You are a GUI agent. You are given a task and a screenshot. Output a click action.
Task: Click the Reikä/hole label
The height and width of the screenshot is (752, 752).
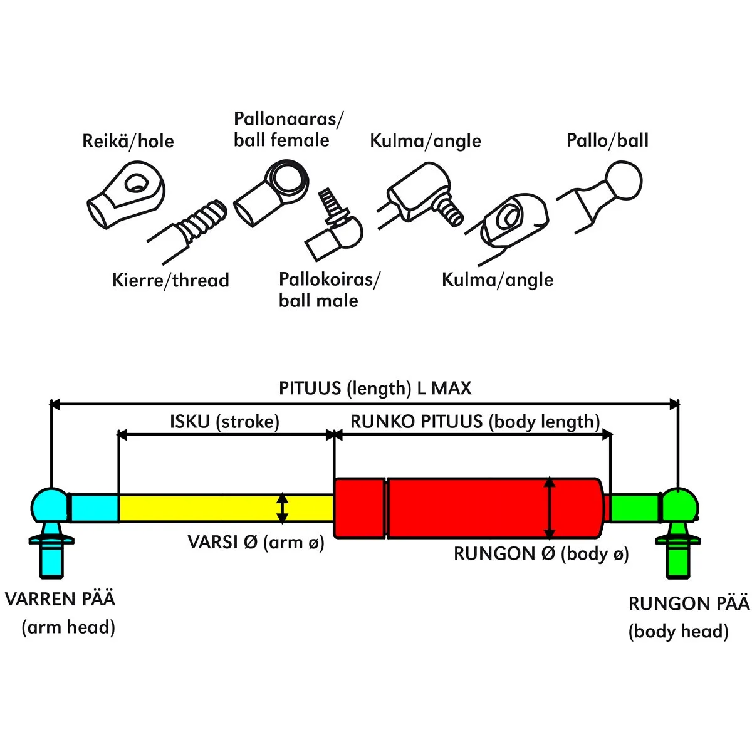(128, 141)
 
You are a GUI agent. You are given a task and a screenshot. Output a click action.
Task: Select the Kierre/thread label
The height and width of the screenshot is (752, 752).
(170, 279)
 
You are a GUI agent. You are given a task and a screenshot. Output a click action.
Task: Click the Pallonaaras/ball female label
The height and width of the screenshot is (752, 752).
(288, 129)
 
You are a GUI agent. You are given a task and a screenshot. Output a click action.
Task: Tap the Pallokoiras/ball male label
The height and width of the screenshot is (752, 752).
(329, 290)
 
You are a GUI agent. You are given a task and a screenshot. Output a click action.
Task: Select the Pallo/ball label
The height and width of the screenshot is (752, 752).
(607, 140)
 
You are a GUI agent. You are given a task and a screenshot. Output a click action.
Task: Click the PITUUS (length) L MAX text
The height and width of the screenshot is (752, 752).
(375, 388)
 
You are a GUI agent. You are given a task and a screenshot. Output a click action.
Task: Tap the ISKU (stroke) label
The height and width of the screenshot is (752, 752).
(224, 421)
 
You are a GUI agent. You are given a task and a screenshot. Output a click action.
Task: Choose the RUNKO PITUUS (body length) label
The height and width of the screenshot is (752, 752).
(475, 421)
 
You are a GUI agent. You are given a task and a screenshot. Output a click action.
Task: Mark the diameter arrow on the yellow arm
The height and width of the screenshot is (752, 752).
(283, 508)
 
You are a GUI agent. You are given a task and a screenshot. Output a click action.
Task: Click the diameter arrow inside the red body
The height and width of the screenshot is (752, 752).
(550, 508)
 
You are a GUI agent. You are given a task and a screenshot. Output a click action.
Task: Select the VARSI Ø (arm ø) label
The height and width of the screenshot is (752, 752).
(256, 542)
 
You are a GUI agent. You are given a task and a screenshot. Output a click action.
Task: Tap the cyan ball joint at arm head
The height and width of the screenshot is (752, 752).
(50, 506)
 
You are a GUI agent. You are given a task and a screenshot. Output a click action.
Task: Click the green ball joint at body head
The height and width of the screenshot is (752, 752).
(679, 506)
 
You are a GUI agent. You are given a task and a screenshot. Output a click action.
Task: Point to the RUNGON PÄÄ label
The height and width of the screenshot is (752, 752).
(689, 603)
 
